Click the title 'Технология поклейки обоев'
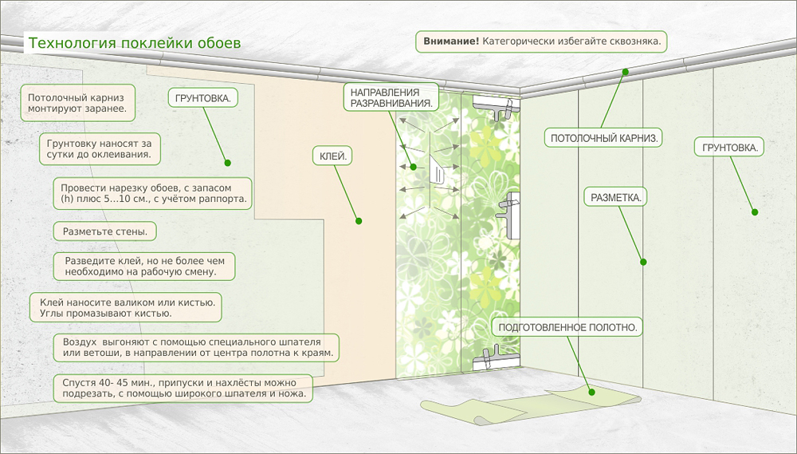134,41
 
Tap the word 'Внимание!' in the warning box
451,41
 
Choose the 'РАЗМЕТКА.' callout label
615,196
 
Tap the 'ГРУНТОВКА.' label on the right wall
729,148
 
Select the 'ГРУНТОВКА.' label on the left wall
202,98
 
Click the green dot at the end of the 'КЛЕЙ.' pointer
359,221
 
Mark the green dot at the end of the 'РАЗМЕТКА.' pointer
643,261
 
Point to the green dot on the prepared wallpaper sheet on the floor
591,391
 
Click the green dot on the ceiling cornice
625,72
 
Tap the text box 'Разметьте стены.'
104,232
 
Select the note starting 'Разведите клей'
145,266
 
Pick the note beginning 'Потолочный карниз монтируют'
77,101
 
